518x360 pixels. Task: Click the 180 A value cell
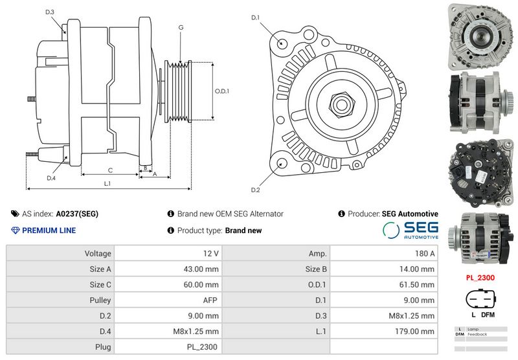tap(384, 253)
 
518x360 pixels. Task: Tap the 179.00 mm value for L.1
tap(384, 332)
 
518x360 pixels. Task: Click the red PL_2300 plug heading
tap(479, 278)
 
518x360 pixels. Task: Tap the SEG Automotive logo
tap(410, 230)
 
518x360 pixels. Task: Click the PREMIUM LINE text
tap(49, 231)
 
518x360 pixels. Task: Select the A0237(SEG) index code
tap(77, 214)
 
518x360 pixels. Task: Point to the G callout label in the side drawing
tap(181, 27)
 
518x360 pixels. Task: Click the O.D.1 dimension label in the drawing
tap(222, 91)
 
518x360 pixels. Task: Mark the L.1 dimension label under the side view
tap(107, 183)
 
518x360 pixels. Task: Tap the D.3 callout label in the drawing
tap(51, 12)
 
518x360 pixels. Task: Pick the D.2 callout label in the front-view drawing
tap(255, 189)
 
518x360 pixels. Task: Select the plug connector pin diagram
tap(479, 300)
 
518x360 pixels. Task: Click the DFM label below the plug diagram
tap(488, 315)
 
